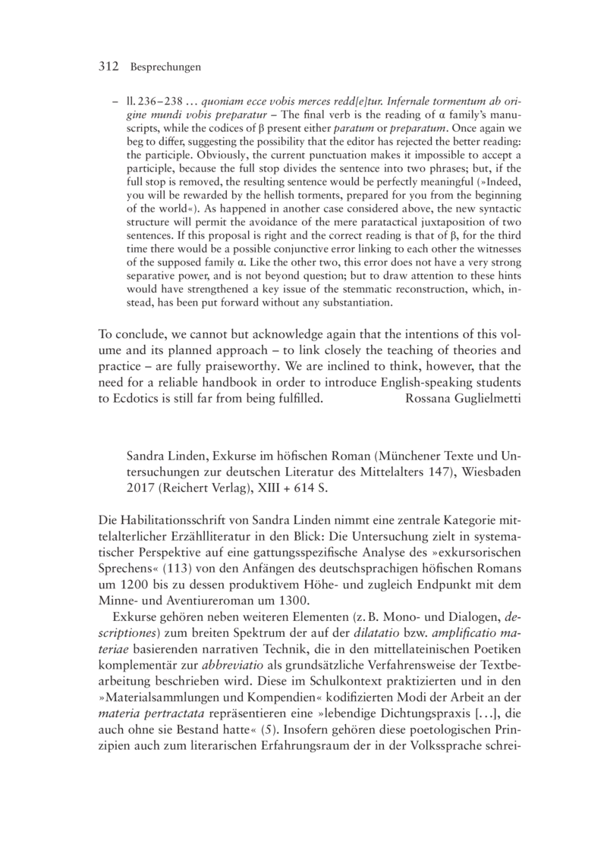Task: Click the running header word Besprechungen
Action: [165, 67]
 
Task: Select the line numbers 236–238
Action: [142, 102]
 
